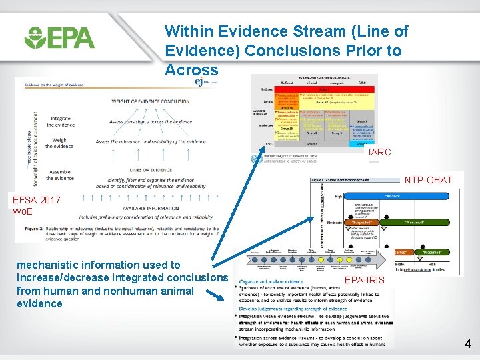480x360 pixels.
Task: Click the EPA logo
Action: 59,37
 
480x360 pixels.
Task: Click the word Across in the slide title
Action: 192,70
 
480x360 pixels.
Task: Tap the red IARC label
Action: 379,153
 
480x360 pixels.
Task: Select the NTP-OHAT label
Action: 429,180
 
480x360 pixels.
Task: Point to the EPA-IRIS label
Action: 364,281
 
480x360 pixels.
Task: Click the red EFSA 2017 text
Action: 36,200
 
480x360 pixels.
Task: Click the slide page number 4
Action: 468,345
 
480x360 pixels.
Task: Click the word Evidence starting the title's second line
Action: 193,51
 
